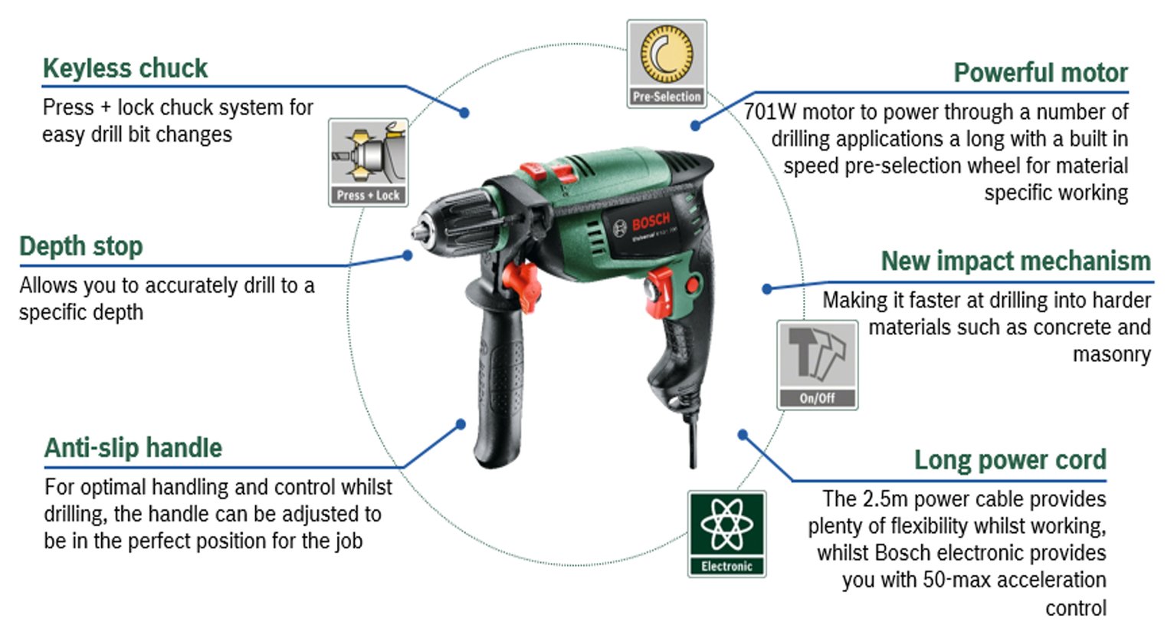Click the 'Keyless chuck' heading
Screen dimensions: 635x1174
[x=125, y=68]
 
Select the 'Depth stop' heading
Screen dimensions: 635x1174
[x=80, y=246]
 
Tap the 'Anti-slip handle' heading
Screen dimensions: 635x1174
[x=133, y=448]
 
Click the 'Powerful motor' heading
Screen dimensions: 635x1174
[x=1040, y=73]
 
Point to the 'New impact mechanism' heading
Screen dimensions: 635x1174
[x=1015, y=261]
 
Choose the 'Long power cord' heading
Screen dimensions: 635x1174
[x=1009, y=460]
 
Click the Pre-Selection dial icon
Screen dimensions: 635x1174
[x=666, y=56]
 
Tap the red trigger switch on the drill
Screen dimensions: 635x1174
[x=658, y=291]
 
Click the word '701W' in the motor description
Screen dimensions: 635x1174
[x=770, y=112]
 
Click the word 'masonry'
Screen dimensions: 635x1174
[x=1111, y=354]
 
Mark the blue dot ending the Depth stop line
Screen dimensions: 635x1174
[x=408, y=255]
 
